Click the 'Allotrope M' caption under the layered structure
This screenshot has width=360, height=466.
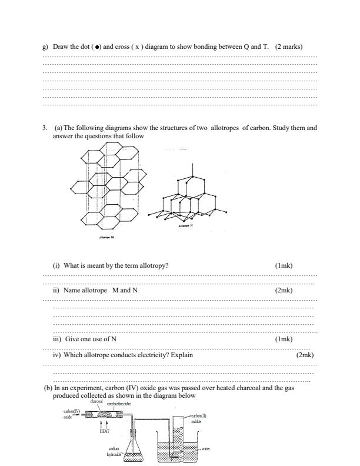point(107,238)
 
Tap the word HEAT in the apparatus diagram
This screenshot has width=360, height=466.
point(104,430)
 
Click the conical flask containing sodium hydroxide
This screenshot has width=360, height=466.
point(135,450)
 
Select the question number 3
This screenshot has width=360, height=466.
point(44,128)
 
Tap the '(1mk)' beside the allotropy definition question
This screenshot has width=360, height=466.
point(284,265)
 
